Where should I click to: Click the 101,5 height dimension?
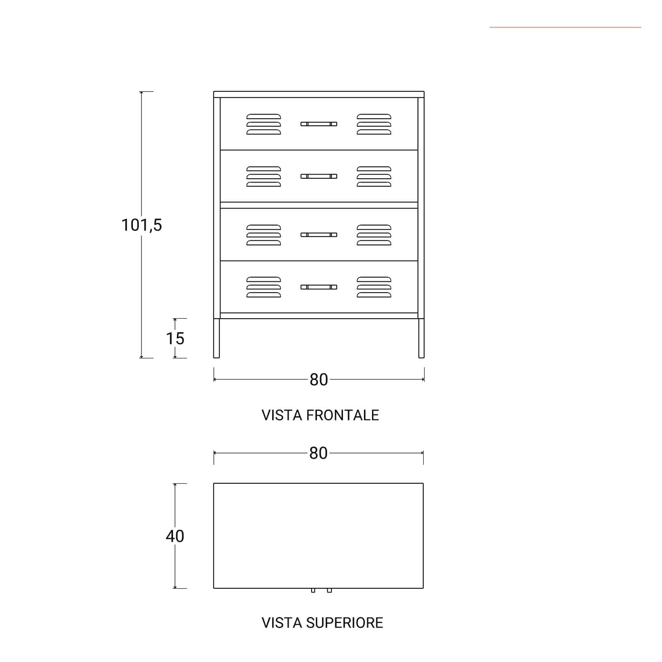click(x=142, y=225)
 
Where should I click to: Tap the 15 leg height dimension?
click(x=175, y=338)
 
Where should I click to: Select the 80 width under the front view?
click(x=319, y=380)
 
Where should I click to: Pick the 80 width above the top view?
click(x=319, y=453)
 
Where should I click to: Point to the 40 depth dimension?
click(x=175, y=536)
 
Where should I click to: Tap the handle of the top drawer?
click(x=319, y=124)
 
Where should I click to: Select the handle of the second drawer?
click(x=319, y=176)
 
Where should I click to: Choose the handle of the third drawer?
click(x=319, y=235)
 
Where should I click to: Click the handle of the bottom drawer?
click(x=319, y=287)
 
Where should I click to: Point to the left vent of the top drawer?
click(x=264, y=124)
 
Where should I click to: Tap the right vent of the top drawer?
click(x=374, y=124)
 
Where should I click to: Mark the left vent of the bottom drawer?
click(x=264, y=287)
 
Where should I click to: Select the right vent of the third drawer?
click(x=374, y=235)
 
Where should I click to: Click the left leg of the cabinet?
click(x=216, y=338)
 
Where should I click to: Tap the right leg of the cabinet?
click(x=421, y=338)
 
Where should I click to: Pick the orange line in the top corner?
click(x=565, y=27)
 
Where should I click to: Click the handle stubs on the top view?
click(x=321, y=590)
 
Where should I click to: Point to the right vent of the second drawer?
click(x=374, y=177)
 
